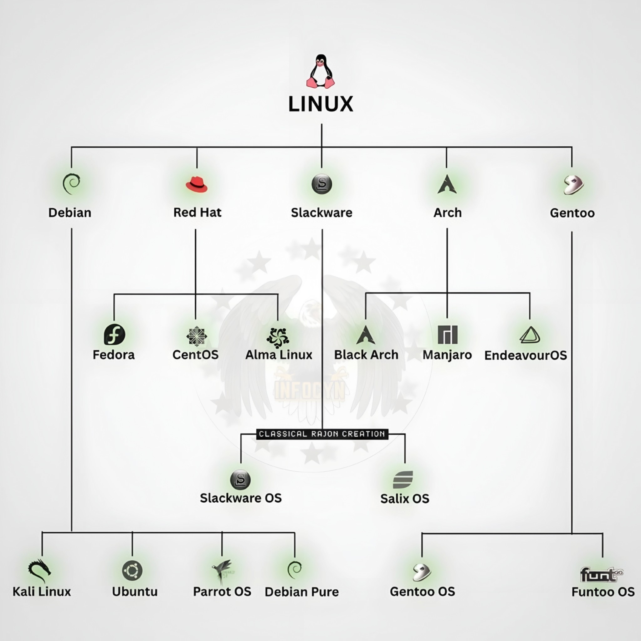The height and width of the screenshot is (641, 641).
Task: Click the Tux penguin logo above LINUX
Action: click(x=320, y=71)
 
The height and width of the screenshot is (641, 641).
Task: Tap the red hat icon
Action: click(x=197, y=184)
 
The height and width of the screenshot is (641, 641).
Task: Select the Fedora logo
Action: click(x=115, y=335)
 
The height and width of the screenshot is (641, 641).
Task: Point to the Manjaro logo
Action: click(x=448, y=335)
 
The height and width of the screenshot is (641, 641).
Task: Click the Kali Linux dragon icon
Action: click(x=40, y=570)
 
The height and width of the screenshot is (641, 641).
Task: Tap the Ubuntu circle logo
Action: click(x=132, y=571)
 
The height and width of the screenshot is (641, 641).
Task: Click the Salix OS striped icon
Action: click(x=403, y=480)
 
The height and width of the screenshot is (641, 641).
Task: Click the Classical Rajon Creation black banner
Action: click(x=322, y=434)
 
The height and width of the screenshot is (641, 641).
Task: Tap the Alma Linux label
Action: click(x=279, y=355)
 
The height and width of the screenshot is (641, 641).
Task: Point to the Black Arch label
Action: click(x=366, y=355)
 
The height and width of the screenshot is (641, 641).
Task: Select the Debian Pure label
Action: click(x=302, y=592)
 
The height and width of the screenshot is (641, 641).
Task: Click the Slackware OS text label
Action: click(x=241, y=498)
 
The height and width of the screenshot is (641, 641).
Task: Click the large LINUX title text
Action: click(x=320, y=104)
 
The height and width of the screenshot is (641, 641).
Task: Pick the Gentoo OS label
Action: click(x=422, y=592)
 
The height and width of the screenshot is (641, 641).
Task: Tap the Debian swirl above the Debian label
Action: click(x=71, y=184)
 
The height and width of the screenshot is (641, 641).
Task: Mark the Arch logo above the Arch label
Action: click(x=447, y=184)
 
